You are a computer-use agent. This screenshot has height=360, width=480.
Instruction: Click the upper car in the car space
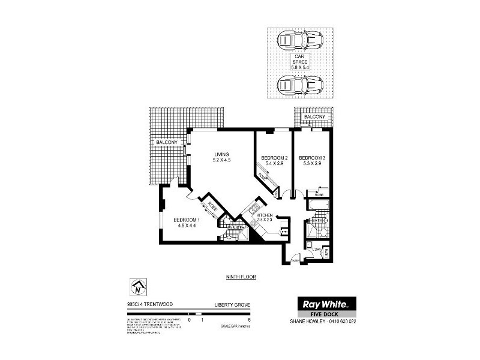point(299,40)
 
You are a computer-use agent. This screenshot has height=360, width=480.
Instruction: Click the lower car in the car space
point(299,85)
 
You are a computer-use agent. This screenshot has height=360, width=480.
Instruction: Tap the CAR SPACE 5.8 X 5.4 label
point(299,62)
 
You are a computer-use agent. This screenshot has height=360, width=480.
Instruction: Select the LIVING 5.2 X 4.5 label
point(221,158)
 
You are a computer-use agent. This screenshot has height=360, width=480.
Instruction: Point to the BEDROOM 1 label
point(187,223)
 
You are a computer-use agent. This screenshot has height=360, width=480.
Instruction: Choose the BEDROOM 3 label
point(311,160)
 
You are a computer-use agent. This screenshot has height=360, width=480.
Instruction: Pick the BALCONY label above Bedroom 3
point(314,116)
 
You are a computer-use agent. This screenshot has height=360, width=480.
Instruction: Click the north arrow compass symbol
point(137,287)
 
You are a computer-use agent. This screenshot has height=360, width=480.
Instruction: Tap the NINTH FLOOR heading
point(241,277)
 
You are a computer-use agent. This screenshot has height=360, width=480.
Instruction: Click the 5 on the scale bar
point(248,320)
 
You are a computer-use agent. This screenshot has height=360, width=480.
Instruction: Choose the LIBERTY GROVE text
point(232,305)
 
